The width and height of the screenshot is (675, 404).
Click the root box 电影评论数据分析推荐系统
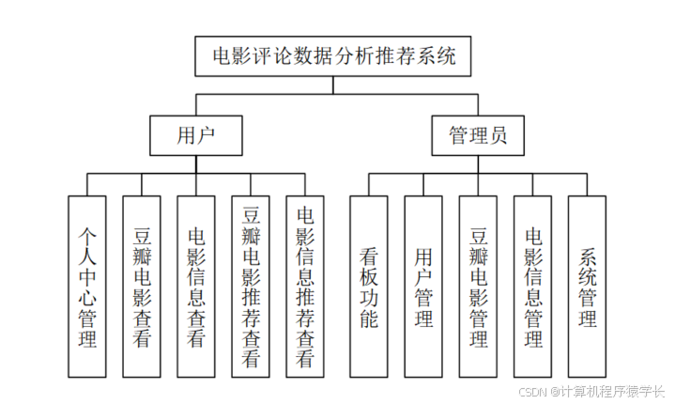click(x=333, y=56)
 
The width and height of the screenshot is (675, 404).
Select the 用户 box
click(x=196, y=135)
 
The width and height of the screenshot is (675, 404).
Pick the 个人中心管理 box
click(x=87, y=286)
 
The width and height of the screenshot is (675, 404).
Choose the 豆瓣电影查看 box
click(x=142, y=286)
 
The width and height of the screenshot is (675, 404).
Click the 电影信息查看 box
click(x=196, y=286)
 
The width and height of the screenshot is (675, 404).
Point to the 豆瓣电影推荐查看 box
click(x=251, y=286)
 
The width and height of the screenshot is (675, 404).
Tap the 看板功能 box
click(x=369, y=286)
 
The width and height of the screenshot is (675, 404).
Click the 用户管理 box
click(x=422, y=286)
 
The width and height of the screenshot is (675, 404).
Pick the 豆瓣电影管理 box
click(x=478, y=286)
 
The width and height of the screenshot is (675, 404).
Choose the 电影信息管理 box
click(x=532, y=286)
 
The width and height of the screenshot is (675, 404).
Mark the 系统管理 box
click(x=587, y=286)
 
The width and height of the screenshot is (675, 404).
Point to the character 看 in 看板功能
click(x=369, y=255)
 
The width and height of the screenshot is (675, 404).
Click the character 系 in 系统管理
click(x=588, y=256)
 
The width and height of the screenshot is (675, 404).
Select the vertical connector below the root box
click(x=333, y=85)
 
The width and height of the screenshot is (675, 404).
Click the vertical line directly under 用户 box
click(x=196, y=164)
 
